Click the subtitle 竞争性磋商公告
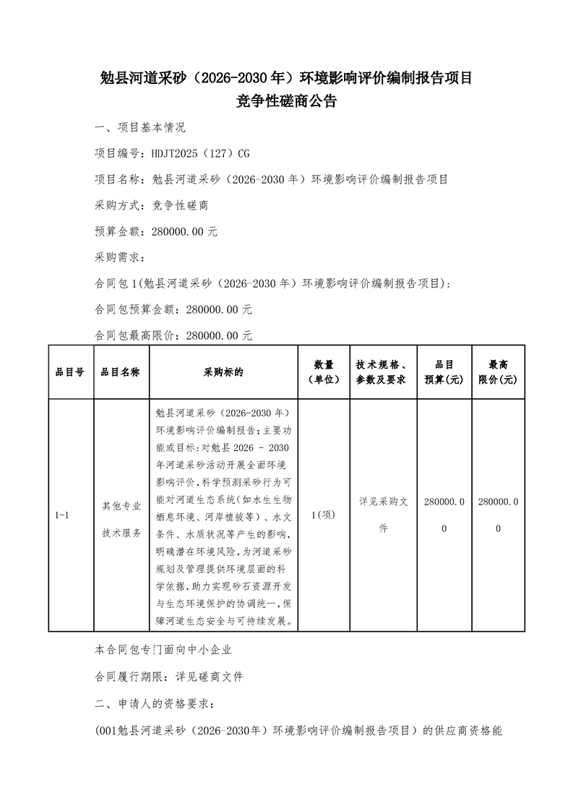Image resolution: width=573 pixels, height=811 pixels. (286, 102)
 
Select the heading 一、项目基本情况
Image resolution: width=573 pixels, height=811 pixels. (140, 128)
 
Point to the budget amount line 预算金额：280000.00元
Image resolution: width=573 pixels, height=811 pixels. (156, 232)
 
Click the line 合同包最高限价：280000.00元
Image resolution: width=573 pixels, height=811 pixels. (173, 336)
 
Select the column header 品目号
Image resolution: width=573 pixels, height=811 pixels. (70, 372)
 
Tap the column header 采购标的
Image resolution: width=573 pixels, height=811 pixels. (223, 372)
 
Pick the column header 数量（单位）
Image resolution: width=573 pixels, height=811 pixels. (323, 372)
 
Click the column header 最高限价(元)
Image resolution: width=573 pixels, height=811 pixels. (497, 372)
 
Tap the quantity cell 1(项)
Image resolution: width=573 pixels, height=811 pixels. (323, 515)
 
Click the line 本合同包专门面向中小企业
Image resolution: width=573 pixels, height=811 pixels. (163, 651)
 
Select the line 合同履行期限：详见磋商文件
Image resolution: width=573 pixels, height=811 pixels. (169, 677)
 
